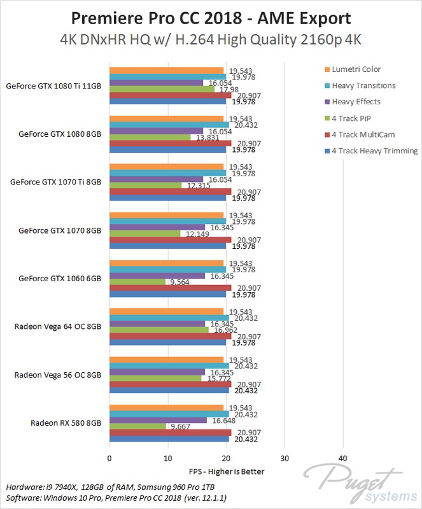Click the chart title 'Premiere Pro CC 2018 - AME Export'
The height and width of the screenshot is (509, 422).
pyautogui.click(x=211, y=16)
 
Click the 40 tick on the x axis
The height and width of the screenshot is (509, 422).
pyautogui.click(x=342, y=458)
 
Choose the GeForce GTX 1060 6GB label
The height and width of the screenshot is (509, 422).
pyautogui.click(x=60, y=278)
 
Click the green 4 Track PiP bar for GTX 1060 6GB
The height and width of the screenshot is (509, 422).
pyautogui.click(x=137, y=282)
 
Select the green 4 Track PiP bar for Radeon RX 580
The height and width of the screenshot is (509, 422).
pyautogui.click(x=137, y=426)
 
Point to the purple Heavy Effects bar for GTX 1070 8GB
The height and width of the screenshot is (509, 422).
pyautogui.click(x=157, y=227)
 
